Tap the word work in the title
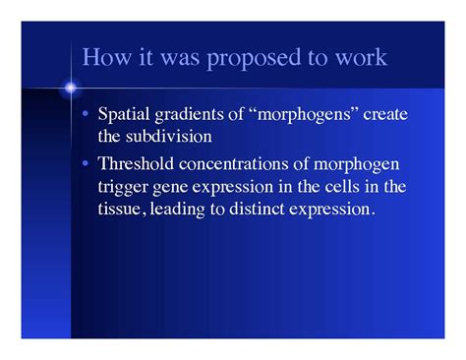(361, 58)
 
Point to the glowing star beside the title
(71, 89)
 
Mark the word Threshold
(136, 162)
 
